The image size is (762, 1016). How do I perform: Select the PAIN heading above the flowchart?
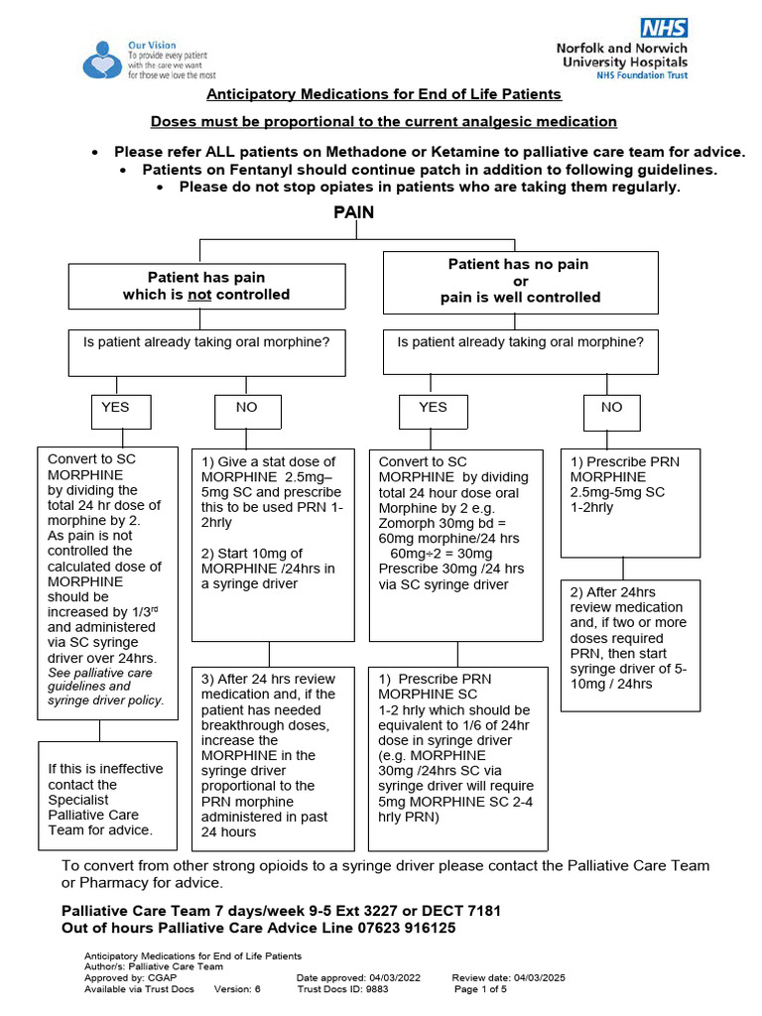point(353,212)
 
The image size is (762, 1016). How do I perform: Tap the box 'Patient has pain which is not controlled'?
point(206,286)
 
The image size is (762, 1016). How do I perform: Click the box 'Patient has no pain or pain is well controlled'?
point(520,281)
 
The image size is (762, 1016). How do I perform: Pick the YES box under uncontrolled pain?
point(116,407)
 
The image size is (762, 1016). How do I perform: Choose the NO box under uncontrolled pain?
point(246,407)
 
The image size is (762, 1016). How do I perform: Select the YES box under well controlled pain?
point(434,407)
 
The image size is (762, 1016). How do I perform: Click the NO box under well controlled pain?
point(612,407)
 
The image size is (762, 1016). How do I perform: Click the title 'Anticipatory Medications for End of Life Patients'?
point(383,94)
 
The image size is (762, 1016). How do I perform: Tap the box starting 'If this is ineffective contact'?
point(99,799)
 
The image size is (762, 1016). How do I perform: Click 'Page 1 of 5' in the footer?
point(480,989)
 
